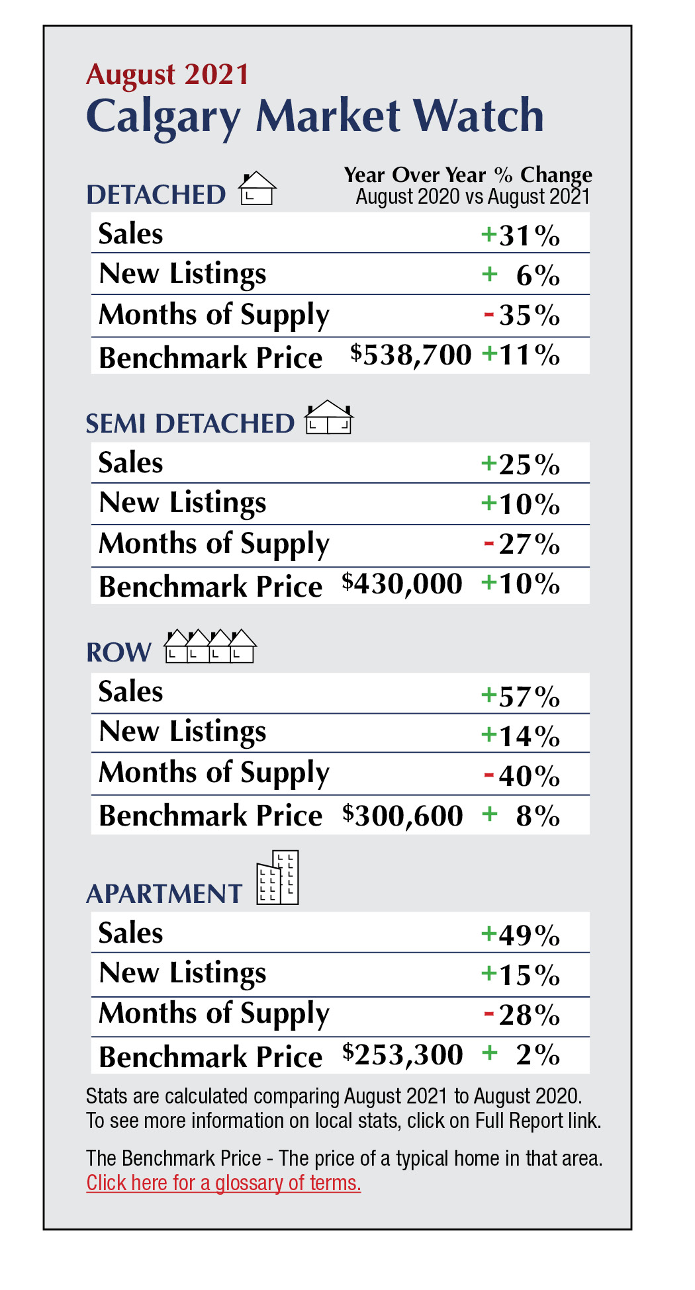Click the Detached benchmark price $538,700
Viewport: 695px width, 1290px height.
[411, 355]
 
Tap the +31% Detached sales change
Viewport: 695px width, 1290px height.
[521, 235]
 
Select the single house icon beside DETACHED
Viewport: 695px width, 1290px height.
[257, 189]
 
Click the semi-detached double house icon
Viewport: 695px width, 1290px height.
[328, 417]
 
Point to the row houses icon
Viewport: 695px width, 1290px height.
[210, 646]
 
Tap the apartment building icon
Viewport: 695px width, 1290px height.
[278, 878]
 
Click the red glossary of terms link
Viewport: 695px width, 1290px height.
[224, 1182]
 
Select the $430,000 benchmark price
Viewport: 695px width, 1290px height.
[402, 583]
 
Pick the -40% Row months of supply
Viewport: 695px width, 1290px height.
[522, 775]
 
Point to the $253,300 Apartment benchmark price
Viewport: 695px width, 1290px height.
[402, 1054]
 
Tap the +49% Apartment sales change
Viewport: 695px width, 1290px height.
[521, 935]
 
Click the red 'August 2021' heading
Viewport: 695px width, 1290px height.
[167, 74]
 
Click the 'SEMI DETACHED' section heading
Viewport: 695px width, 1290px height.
[190, 423]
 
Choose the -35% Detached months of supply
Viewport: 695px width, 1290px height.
[522, 316]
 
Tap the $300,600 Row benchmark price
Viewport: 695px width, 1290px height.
[402, 815]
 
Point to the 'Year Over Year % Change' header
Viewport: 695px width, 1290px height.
[468, 175]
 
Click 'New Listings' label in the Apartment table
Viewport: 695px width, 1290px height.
[183, 973]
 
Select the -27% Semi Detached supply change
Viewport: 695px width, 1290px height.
[522, 544]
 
